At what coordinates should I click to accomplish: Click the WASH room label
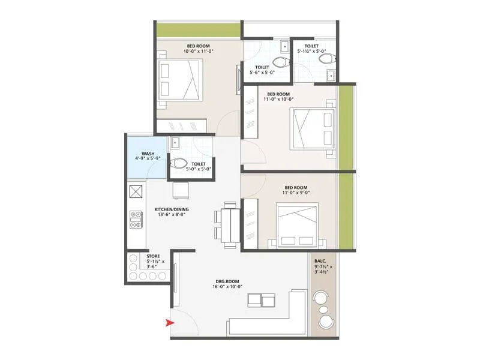click(148, 154)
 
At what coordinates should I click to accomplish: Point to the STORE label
click(153, 256)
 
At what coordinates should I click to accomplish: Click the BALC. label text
click(320, 261)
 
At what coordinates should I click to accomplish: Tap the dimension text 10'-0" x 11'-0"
click(199, 52)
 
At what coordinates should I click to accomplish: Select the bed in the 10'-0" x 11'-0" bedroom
click(181, 80)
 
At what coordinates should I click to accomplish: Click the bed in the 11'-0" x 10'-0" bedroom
click(312, 128)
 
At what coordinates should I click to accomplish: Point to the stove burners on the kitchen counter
click(136, 220)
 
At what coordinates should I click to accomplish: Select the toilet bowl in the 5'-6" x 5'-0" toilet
click(280, 61)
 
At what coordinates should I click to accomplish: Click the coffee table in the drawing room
click(261, 299)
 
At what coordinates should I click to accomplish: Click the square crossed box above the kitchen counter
click(136, 192)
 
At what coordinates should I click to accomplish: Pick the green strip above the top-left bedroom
click(198, 30)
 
